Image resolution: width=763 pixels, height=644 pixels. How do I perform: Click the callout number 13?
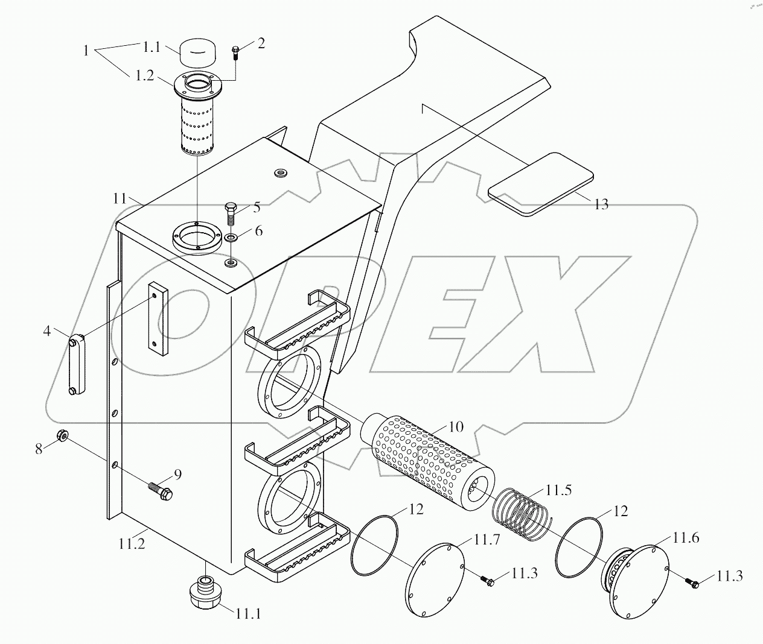pyautogui.click(x=601, y=204)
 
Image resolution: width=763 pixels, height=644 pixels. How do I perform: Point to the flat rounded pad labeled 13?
pyautogui.click(x=541, y=184)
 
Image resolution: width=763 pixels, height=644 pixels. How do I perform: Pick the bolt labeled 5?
pyautogui.click(x=231, y=214)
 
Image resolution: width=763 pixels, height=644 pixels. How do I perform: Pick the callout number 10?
pyautogui.click(x=456, y=427)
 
